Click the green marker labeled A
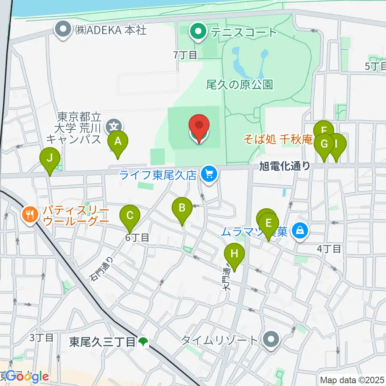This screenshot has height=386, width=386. click(x=118, y=142)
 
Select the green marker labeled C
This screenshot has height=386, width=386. click(x=130, y=216)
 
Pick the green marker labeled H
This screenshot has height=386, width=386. click(x=234, y=254)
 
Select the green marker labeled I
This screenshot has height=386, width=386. click(x=337, y=144)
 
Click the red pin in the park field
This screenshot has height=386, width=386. click(x=199, y=125)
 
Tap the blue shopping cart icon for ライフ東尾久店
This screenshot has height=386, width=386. click(x=208, y=174)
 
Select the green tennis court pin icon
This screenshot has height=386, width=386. click(x=198, y=32)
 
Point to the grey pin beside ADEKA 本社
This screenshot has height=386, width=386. click(x=64, y=31)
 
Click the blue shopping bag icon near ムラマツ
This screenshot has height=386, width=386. click(x=300, y=231)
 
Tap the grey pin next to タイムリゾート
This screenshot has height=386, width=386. click(x=271, y=339)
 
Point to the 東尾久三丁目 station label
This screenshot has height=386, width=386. click(x=103, y=342)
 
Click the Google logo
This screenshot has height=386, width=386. click(x=25, y=377)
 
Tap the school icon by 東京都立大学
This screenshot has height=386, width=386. click(x=111, y=127)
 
